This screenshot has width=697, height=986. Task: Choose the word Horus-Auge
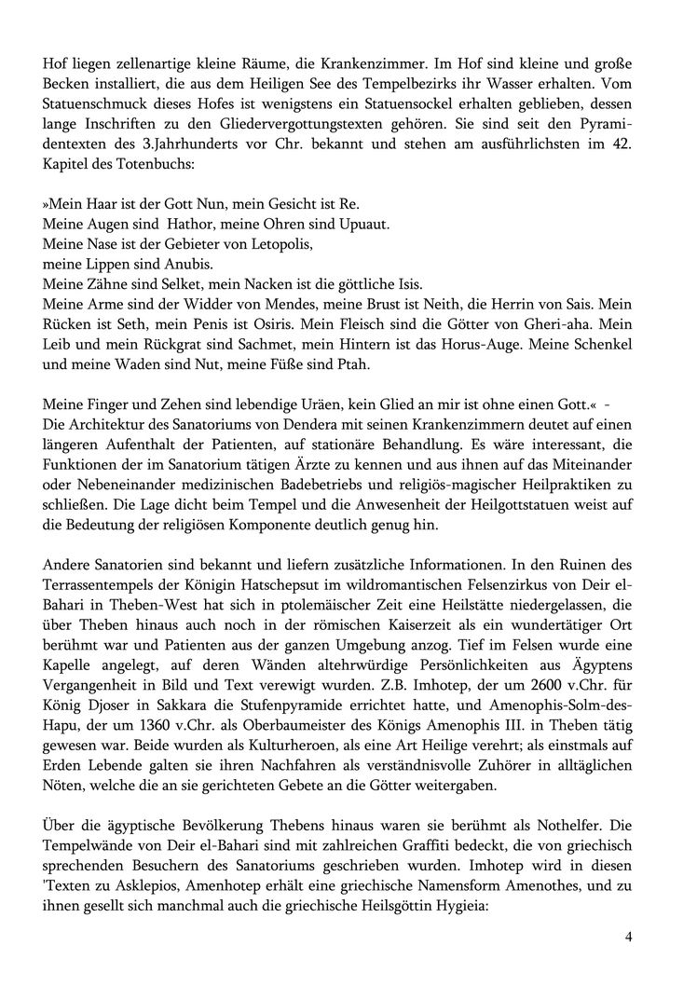(x=481, y=345)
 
